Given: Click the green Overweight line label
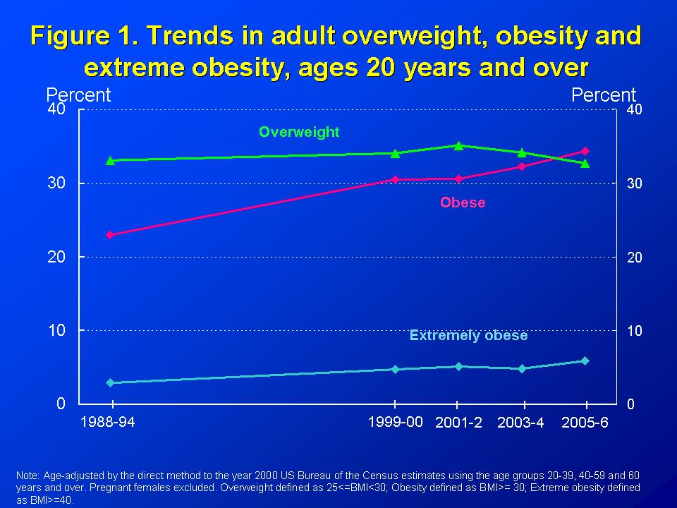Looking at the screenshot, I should [299, 132].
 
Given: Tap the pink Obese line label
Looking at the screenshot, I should [463, 202].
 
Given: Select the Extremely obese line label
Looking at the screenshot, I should [468, 336].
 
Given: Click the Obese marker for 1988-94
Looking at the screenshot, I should [110, 235].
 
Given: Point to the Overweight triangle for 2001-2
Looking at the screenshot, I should [458, 146].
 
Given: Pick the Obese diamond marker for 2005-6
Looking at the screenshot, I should [585, 151].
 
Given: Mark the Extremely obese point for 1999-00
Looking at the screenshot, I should [395, 369].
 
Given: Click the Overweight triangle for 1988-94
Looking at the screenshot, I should [110, 161].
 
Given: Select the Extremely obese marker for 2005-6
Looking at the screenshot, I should [585, 361].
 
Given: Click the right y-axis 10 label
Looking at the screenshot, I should [635, 330].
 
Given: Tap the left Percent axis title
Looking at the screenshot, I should [78, 95].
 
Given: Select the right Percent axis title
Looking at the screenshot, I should [604, 95].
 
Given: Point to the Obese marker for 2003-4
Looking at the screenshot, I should [522, 167].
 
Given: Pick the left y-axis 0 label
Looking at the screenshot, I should [61, 404].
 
